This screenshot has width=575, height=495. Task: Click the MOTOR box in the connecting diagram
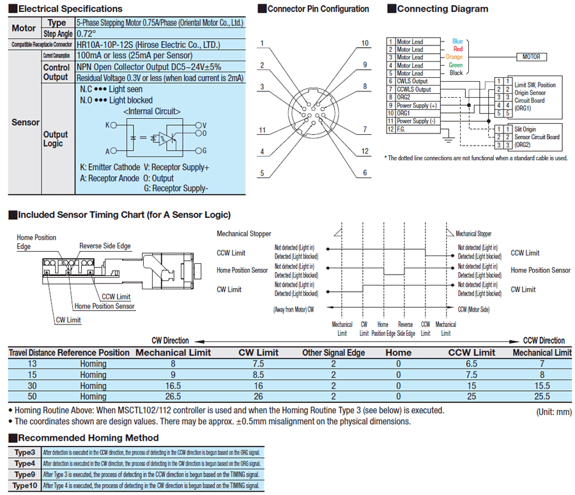pos(531,57)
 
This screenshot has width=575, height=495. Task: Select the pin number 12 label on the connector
pos(365,151)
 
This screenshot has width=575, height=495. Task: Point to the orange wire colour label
pos(454,57)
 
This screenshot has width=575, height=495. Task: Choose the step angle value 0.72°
pos(86,33)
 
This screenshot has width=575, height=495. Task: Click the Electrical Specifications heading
pos(70,9)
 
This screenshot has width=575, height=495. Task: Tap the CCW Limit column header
pos(471,352)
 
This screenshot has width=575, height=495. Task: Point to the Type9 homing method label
pos(24,475)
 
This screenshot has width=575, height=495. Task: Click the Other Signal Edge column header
pos(333,352)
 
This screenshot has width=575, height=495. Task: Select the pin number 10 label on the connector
pos(365,43)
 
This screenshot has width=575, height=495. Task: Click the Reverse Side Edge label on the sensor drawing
pos(105,246)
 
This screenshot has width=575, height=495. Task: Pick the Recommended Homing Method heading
pos(88,438)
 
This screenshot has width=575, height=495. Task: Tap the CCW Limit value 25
pos(471,397)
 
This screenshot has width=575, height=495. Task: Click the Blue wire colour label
pos(457,42)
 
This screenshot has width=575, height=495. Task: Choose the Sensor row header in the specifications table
pos(26,122)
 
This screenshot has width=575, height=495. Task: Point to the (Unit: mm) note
pos(553,411)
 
